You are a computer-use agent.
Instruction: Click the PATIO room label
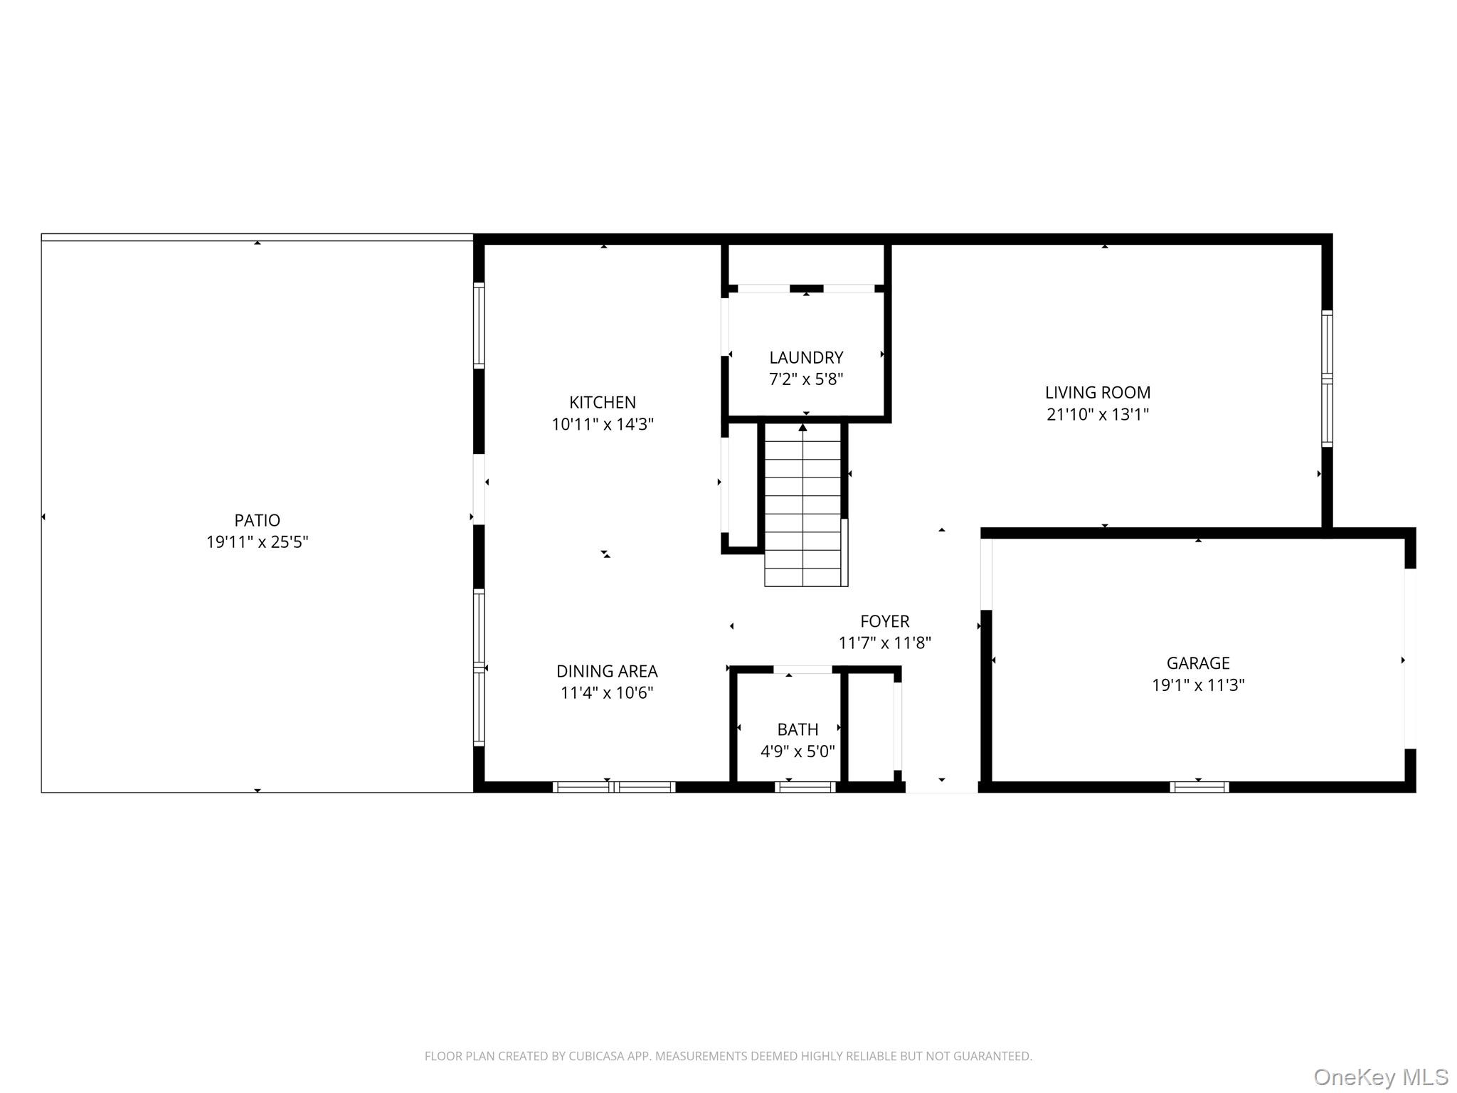tap(257, 520)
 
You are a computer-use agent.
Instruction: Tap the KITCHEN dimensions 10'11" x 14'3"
tap(602, 425)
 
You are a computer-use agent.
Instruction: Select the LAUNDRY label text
tap(805, 357)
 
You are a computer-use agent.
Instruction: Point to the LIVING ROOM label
tap(1097, 392)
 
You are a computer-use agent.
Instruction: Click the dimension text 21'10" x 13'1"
tap(1097, 414)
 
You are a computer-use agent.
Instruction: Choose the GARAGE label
tap(1197, 663)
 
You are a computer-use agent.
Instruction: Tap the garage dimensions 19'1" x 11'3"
tap(1197, 685)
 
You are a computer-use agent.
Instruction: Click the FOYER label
tap(884, 621)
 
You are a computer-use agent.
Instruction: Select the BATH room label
tap(797, 729)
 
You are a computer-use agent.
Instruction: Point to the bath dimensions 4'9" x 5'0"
tap(797, 751)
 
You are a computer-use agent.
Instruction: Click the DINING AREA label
tap(606, 671)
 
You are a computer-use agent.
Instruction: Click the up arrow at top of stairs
tap(802, 428)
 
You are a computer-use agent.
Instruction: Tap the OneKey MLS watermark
tap(1380, 1077)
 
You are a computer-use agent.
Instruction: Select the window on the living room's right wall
tap(1327, 378)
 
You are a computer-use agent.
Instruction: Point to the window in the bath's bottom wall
tap(805, 787)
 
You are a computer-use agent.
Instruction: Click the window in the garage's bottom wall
tap(1199, 787)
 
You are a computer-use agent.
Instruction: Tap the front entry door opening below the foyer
tap(941, 787)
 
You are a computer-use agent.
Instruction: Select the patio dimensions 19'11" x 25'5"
tap(257, 542)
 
